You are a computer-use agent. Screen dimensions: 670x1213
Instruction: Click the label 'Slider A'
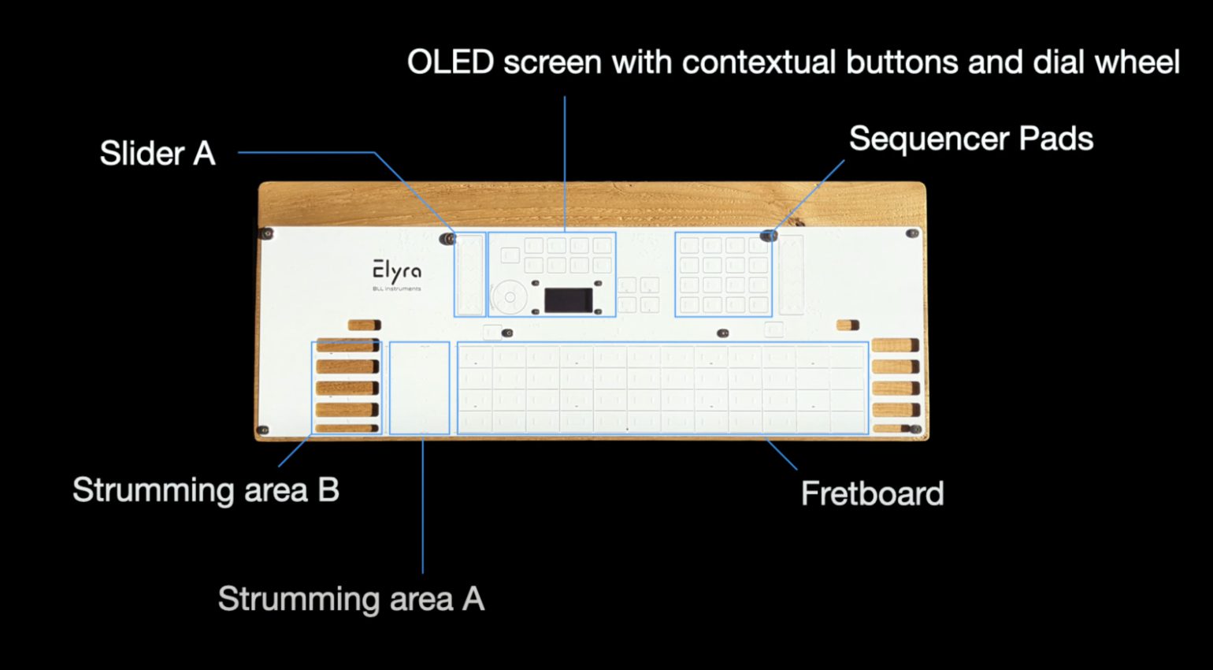click(158, 153)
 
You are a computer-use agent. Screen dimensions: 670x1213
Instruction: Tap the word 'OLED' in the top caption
click(450, 62)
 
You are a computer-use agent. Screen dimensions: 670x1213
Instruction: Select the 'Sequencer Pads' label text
click(970, 139)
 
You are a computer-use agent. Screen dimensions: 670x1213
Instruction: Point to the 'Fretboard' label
click(872, 493)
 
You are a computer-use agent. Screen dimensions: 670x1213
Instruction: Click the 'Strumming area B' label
click(206, 489)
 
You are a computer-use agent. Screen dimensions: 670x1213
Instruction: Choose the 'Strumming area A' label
click(351, 598)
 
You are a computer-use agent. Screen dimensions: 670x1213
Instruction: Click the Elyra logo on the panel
click(397, 272)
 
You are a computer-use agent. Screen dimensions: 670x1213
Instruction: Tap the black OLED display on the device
click(568, 300)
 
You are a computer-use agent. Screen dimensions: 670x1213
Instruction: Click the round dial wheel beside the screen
click(510, 297)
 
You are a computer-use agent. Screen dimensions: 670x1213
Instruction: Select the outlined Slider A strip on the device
click(469, 274)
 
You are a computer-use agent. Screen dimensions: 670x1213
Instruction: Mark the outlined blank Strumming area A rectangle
click(420, 387)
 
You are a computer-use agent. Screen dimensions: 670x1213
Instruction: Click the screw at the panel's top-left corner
click(267, 233)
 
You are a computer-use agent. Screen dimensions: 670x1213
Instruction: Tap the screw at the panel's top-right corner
click(912, 233)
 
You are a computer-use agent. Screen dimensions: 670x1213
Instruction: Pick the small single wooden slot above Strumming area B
click(364, 325)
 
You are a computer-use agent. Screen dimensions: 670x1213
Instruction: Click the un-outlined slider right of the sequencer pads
click(791, 274)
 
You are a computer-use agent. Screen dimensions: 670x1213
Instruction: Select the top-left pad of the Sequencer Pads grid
click(689, 245)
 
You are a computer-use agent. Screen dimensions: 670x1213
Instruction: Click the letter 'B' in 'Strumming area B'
click(328, 489)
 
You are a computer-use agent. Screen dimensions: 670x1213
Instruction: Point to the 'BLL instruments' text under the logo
click(396, 288)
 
